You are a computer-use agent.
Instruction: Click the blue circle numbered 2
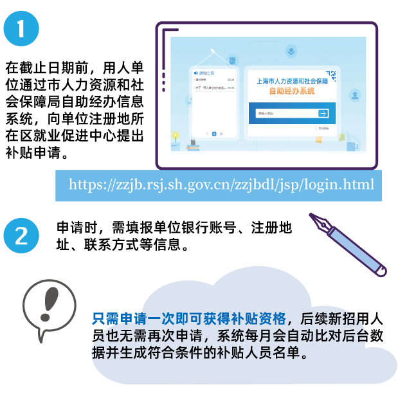tap(22, 236)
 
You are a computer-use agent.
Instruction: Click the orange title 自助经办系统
tap(292, 92)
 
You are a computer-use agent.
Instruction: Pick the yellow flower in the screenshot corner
tap(175, 135)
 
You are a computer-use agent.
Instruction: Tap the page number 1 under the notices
tap(214, 134)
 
